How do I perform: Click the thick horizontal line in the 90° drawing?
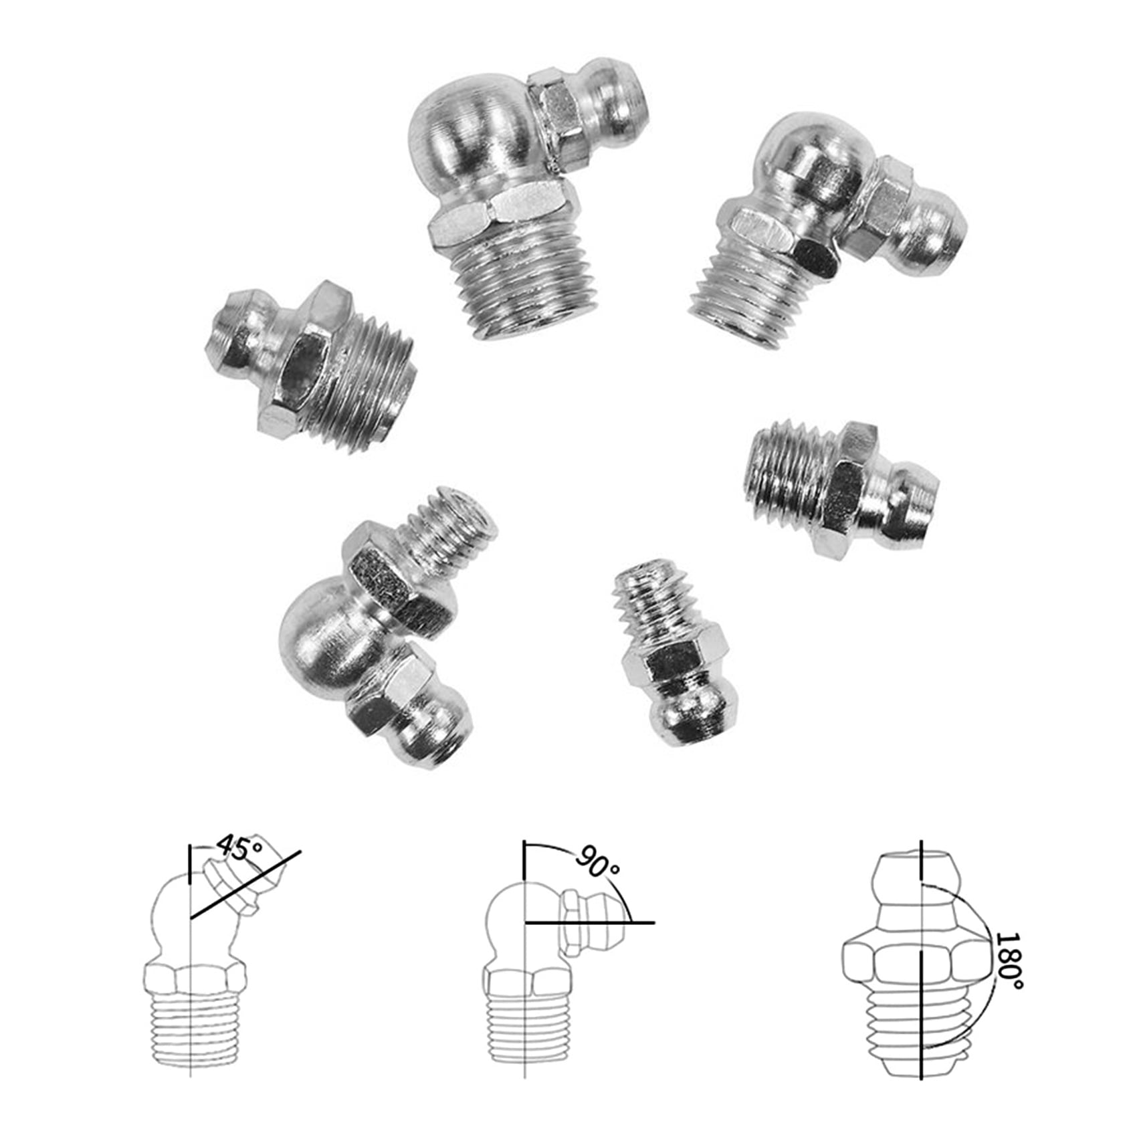point(589,922)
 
